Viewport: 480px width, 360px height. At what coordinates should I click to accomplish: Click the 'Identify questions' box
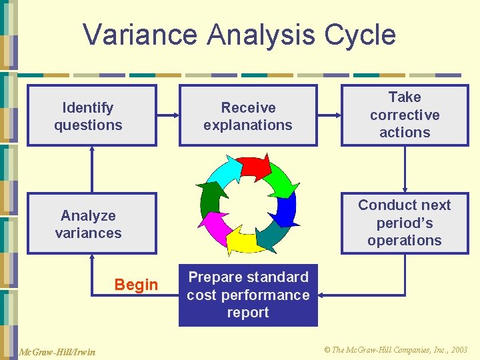(x=91, y=115)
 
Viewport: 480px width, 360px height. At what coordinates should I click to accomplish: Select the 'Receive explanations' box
(x=248, y=115)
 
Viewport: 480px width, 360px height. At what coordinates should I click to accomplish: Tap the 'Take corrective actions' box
(x=405, y=115)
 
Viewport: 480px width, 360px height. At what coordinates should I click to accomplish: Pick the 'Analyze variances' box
(x=91, y=223)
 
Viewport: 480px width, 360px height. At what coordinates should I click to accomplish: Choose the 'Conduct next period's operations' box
(x=405, y=223)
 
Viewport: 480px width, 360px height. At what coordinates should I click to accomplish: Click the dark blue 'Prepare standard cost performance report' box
(x=248, y=295)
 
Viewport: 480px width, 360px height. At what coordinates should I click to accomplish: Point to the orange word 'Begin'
(x=136, y=285)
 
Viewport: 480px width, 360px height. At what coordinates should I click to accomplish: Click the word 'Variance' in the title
(x=140, y=35)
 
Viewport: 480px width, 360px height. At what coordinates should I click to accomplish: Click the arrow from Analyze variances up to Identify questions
(x=91, y=169)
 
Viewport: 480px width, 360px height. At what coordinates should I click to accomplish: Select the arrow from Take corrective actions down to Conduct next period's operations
(x=405, y=169)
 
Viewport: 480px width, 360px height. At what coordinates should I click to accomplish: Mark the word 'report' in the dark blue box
(x=248, y=313)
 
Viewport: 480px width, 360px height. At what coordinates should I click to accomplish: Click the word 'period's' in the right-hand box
(x=405, y=223)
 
